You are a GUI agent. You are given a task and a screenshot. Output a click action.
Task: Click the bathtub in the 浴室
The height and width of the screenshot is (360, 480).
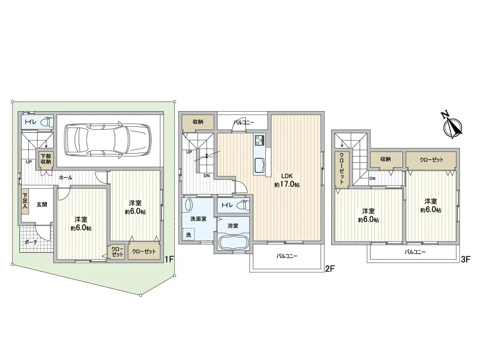(233, 242)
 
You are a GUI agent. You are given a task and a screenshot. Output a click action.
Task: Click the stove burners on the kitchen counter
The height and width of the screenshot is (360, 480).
(259, 140)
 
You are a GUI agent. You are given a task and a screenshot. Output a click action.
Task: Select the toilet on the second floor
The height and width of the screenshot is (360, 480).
(243, 206)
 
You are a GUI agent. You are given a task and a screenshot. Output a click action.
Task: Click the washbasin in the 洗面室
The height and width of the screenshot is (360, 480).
(188, 205)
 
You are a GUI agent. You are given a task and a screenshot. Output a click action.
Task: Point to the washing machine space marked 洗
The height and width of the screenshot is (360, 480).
(188, 234)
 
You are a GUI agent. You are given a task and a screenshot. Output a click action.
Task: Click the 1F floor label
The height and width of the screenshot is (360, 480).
(169, 260)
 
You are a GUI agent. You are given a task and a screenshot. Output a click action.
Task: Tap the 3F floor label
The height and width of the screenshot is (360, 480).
(465, 260)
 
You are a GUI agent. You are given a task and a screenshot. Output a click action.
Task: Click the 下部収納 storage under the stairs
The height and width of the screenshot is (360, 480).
(45, 159)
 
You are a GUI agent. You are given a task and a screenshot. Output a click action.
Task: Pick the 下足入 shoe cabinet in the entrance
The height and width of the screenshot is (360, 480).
(25, 201)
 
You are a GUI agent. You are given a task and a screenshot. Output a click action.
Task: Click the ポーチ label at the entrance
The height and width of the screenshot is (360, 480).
(31, 242)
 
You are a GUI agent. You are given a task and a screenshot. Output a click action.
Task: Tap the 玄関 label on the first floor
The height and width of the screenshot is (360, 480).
(42, 204)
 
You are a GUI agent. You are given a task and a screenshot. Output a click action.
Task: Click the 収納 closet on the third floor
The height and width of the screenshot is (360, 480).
(385, 159)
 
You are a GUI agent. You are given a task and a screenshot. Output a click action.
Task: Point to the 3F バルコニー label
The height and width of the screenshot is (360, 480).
(414, 252)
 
